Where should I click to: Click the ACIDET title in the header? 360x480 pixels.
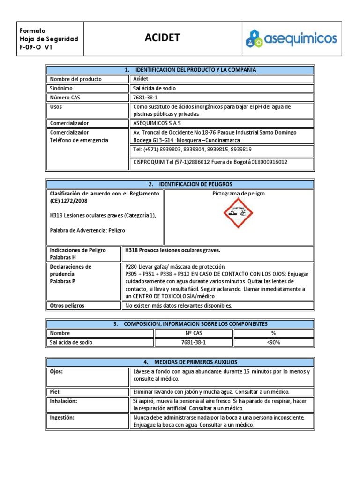[x=162, y=38]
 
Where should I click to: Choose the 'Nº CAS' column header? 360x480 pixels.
[x=193, y=333]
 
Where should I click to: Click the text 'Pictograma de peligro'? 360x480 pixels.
[x=239, y=194]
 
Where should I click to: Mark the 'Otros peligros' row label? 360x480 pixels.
[x=67, y=306]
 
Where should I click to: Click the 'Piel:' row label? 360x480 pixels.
[x=55, y=391]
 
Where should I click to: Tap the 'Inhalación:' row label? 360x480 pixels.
[x=63, y=401]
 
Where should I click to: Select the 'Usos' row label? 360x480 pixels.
[x=56, y=107]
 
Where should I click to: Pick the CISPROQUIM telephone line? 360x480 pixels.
[x=210, y=162]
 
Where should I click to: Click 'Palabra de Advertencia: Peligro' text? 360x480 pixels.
[x=87, y=230]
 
